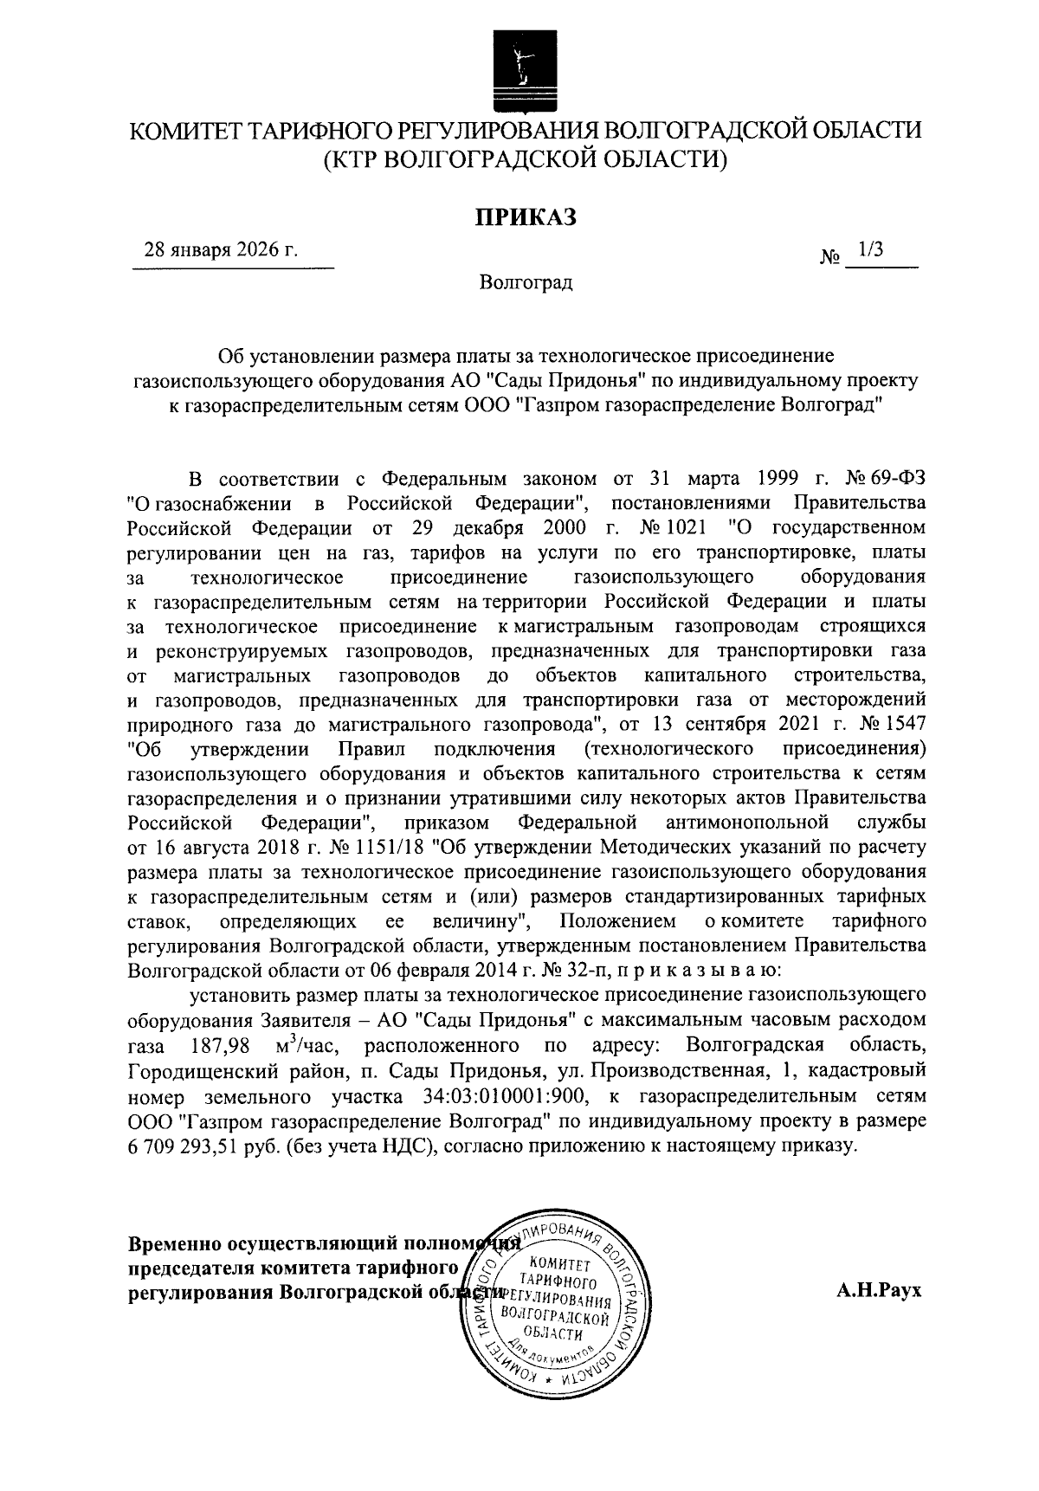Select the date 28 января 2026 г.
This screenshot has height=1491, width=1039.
click(x=221, y=250)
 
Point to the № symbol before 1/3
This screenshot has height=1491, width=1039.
click(x=829, y=257)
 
